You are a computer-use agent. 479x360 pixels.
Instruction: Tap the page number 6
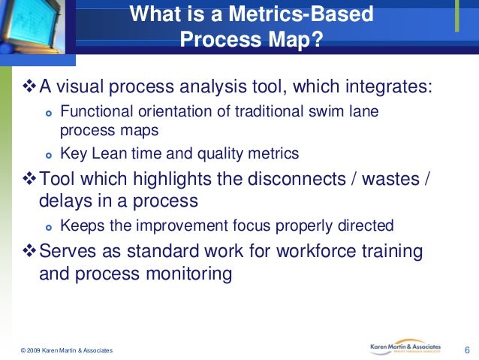point(467,349)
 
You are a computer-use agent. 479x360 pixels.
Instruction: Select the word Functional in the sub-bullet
point(95,112)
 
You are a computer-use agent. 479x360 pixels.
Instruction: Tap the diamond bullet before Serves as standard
point(26,250)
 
